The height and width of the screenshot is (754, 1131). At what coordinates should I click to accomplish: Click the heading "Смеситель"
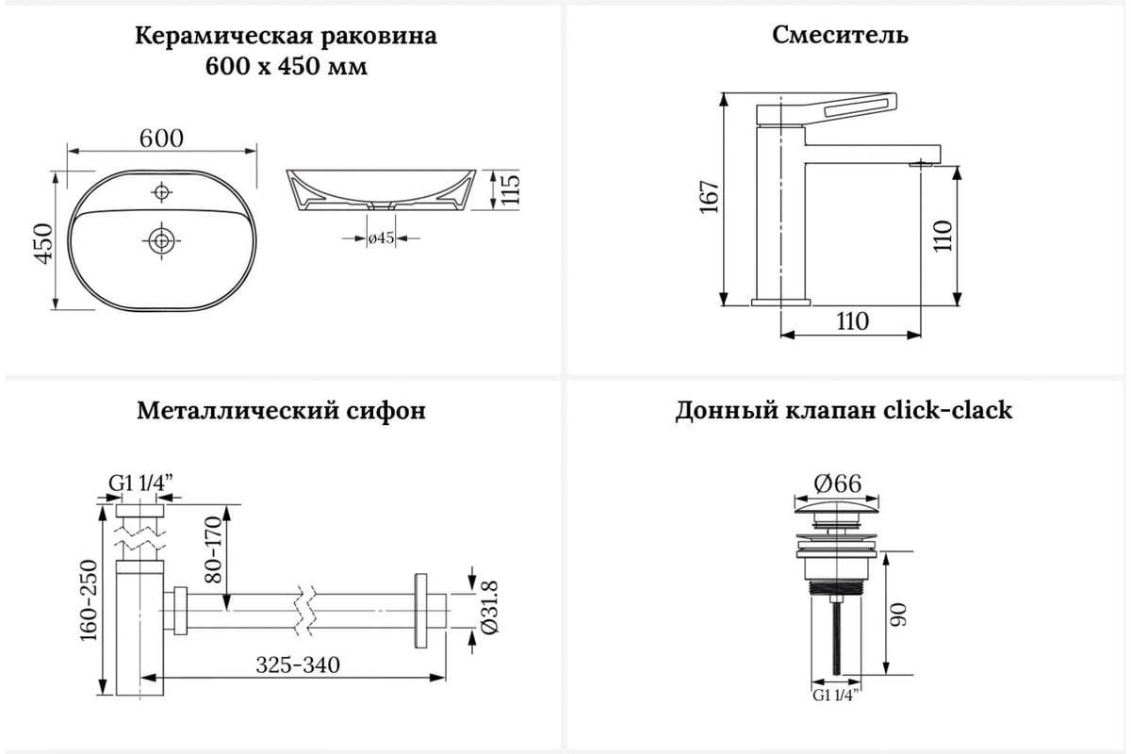click(841, 36)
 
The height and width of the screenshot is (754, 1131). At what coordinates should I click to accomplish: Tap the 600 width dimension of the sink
click(161, 137)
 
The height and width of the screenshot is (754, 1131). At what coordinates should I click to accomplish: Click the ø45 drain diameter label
click(381, 238)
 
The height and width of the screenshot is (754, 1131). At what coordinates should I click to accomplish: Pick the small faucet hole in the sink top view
click(161, 193)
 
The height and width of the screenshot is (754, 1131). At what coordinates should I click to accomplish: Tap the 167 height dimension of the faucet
click(711, 198)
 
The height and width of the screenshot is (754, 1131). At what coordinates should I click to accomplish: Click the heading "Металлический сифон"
click(281, 412)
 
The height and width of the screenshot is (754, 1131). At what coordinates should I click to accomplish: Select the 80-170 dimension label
click(213, 549)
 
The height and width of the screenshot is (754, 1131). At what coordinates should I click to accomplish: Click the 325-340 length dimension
click(298, 664)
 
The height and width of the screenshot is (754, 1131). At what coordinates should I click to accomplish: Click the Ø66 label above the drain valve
click(837, 483)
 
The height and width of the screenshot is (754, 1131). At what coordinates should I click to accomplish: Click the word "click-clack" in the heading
click(948, 411)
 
